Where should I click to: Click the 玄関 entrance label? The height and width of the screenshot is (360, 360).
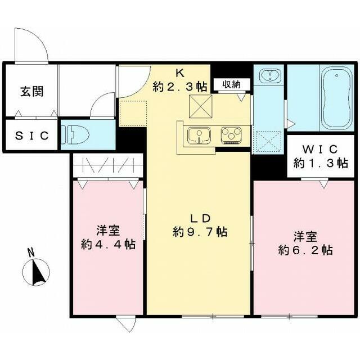click(x=31, y=91)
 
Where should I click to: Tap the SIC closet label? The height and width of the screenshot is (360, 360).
click(x=31, y=136)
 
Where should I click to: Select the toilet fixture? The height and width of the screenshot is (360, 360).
click(x=73, y=136)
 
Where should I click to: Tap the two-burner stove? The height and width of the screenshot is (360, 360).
click(x=231, y=135)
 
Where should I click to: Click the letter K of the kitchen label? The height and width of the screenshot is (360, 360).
click(x=180, y=73)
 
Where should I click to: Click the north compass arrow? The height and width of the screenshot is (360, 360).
click(x=39, y=272)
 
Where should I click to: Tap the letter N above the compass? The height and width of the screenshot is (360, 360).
click(x=32, y=252)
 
